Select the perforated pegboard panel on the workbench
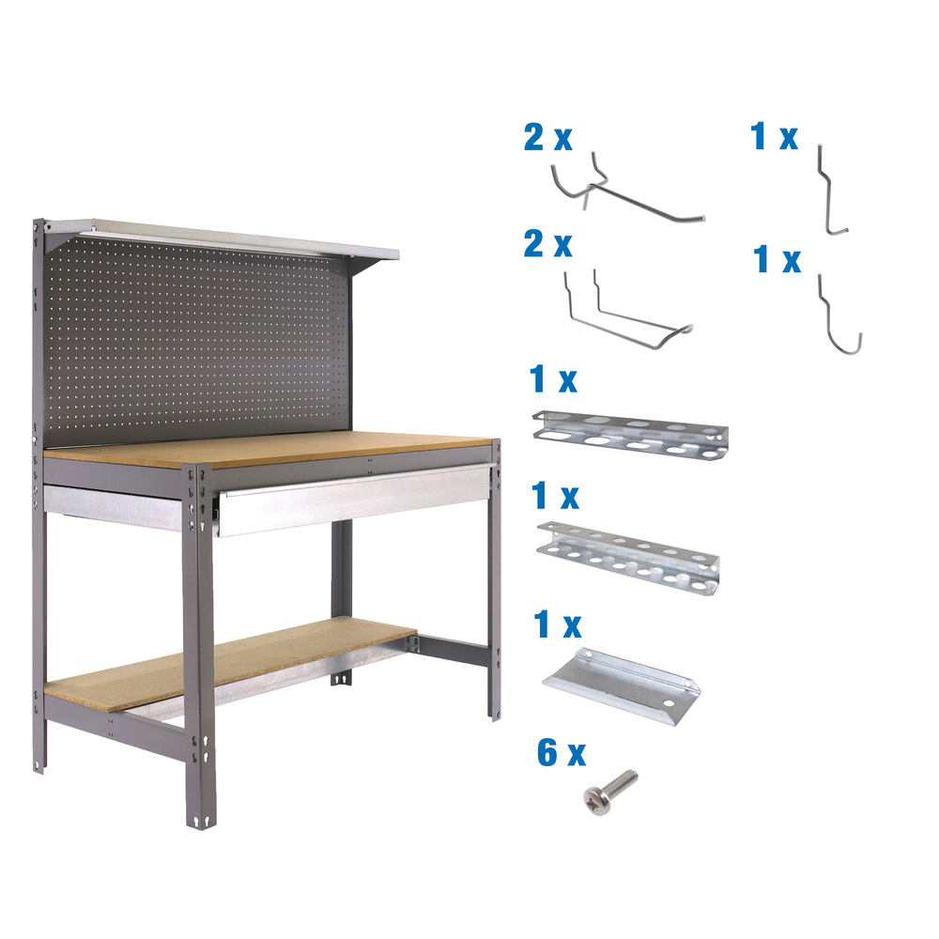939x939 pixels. pyautogui.click(x=197, y=338)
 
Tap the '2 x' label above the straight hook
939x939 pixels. pyautogui.click(x=548, y=138)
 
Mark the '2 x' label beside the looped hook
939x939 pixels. pyautogui.click(x=548, y=246)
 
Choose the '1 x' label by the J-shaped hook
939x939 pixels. pyautogui.click(x=777, y=260)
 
